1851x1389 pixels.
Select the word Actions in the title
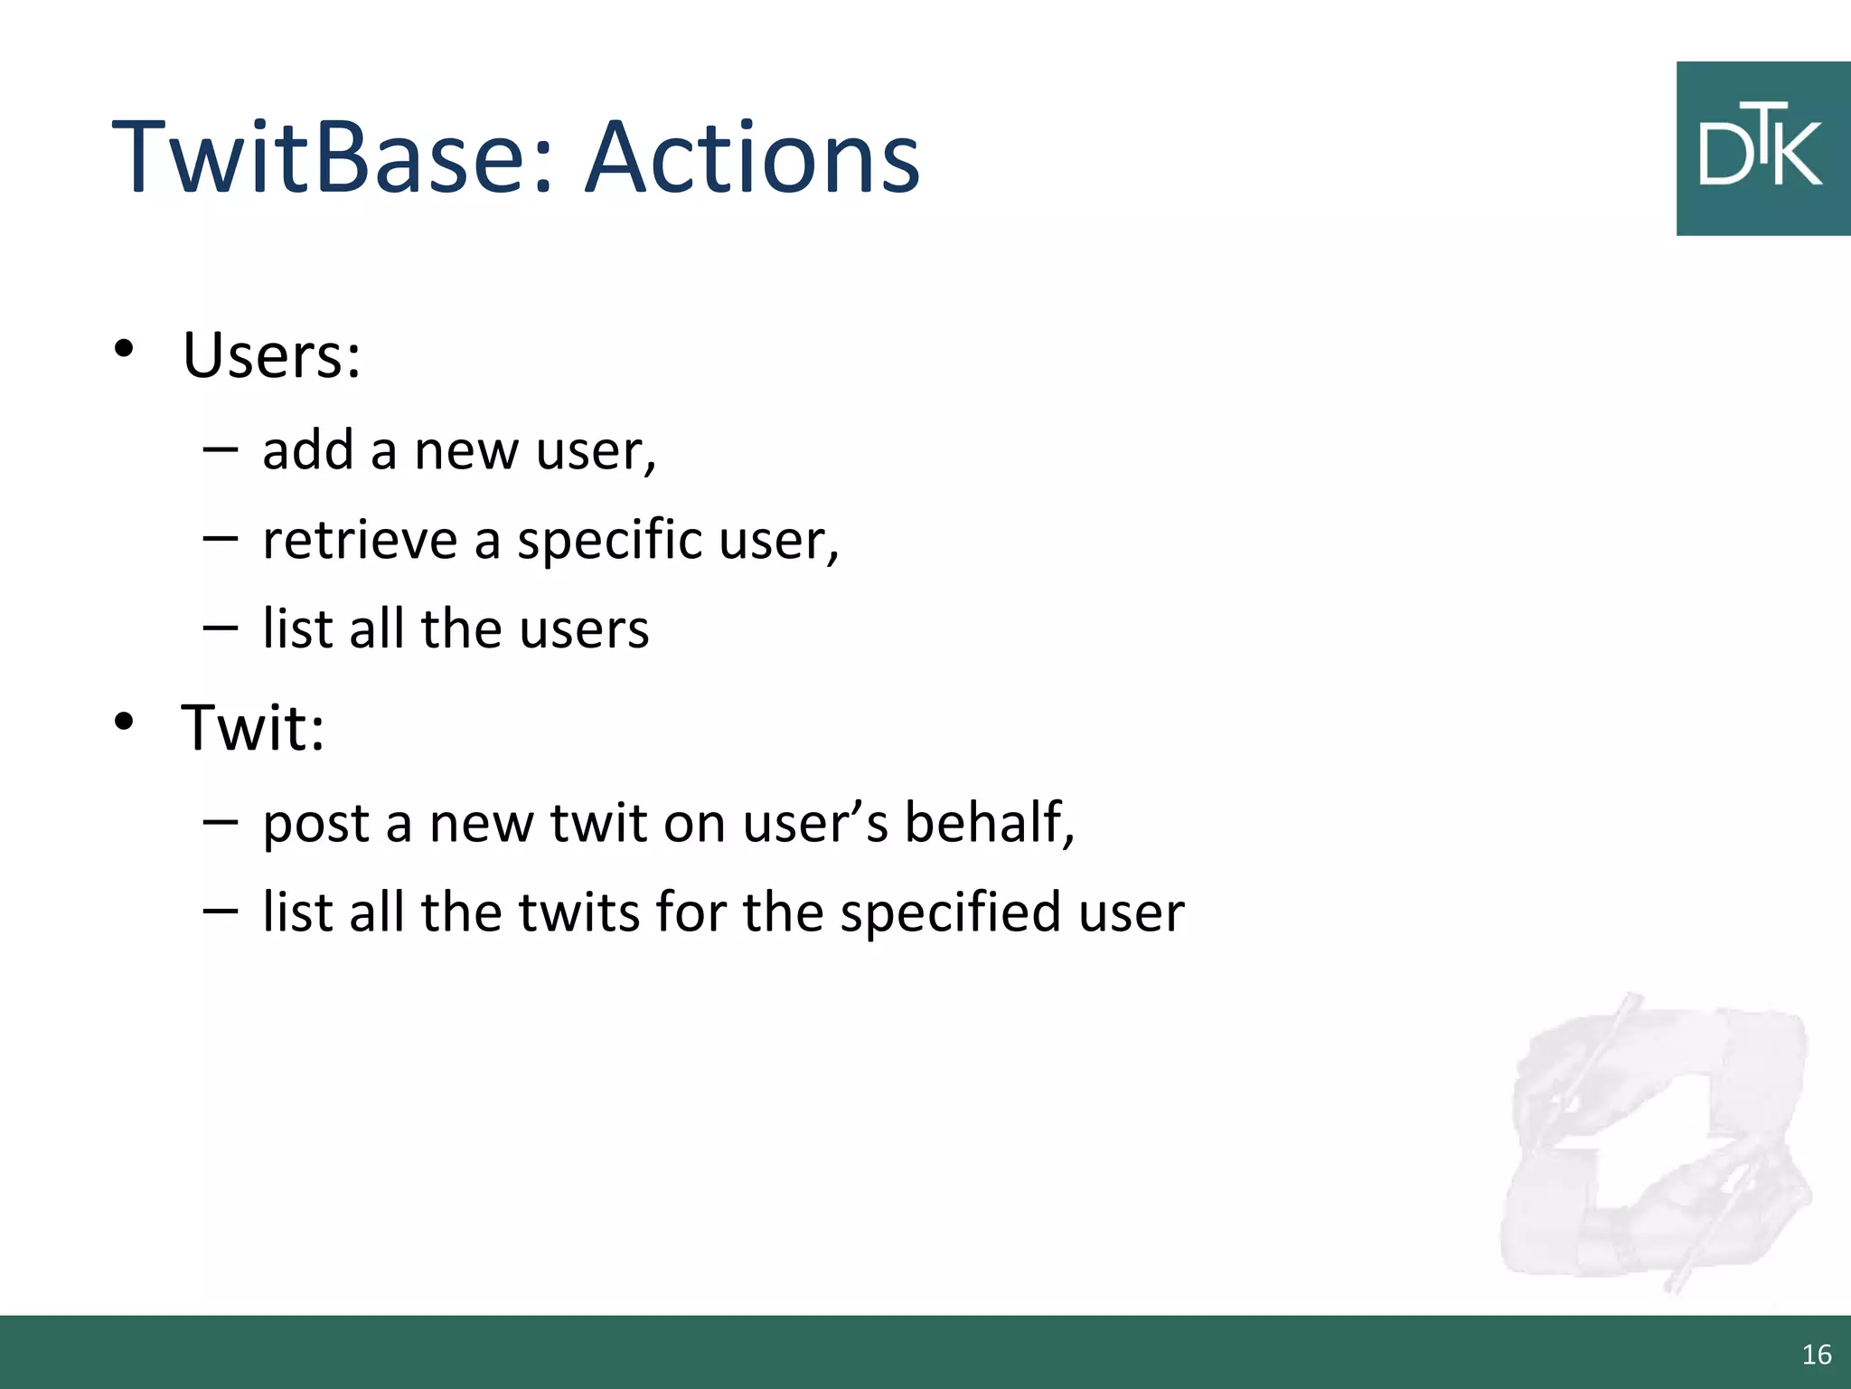pos(752,158)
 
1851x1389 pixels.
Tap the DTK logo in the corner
pos(1762,149)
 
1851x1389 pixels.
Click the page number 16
pos(1816,1355)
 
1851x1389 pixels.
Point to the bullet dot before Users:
pos(124,349)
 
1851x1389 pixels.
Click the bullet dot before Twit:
pos(124,722)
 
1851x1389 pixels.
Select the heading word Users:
pos(271,354)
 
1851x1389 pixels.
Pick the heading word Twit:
pos(252,727)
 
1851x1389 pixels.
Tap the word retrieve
pos(360,541)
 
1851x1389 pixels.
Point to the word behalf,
pos(990,823)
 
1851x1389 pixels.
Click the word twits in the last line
pos(579,912)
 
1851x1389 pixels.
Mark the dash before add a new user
pos(221,448)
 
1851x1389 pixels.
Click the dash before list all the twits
pos(221,910)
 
